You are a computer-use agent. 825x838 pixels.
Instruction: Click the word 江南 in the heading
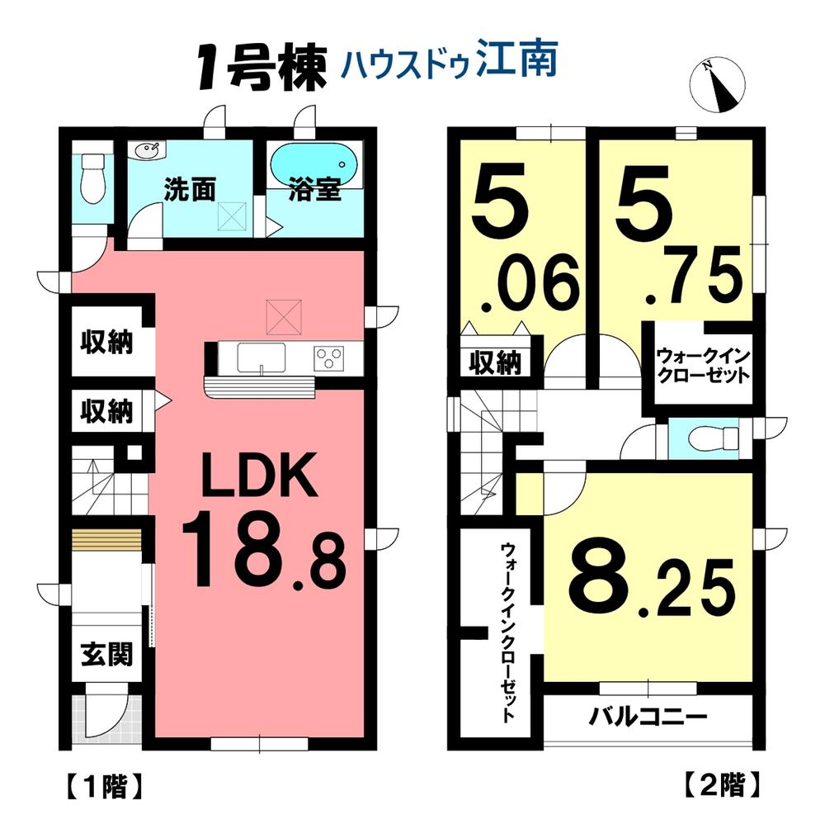click(516, 59)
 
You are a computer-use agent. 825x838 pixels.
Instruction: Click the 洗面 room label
click(190, 190)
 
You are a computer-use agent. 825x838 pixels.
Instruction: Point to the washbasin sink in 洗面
click(147, 151)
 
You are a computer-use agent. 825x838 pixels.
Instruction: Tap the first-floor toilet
click(92, 178)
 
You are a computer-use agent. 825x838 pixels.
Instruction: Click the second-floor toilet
click(714, 439)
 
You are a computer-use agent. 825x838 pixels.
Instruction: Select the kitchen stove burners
click(329, 357)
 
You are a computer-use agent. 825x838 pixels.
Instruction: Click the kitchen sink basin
click(262, 357)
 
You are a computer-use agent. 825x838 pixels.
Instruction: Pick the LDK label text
click(259, 475)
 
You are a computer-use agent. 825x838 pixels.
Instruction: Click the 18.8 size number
click(264, 551)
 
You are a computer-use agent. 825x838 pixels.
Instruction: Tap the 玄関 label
click(106, 654)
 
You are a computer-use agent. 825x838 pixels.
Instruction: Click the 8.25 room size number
click(652, 586)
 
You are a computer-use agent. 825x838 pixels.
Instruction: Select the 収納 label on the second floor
click(495, 363)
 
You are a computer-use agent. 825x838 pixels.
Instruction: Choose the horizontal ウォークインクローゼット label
click(703, 365)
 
